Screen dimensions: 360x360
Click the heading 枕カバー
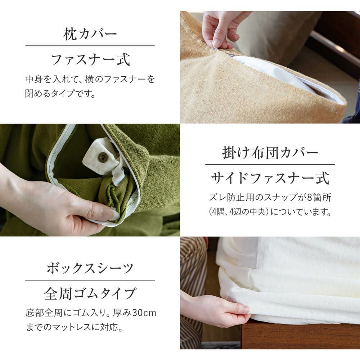click(x=90, y=34)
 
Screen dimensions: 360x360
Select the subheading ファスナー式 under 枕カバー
click(x=90, y=60)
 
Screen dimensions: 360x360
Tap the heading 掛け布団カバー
click(x=270, y=153)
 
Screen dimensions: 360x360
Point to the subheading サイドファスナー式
click(x=270, y=179)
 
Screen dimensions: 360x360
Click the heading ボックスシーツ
click(x=90, y=268)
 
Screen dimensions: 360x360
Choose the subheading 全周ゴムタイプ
click(x=90, y=294)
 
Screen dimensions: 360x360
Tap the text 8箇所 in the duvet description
click(x=319, y=197)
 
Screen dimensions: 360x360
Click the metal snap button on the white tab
click(x=103, y=157)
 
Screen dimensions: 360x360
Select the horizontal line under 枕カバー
click(x=90, y=46)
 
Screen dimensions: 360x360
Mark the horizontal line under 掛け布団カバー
click(x=270, y=165)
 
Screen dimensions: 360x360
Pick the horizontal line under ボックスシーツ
click(x=90, y=280)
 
